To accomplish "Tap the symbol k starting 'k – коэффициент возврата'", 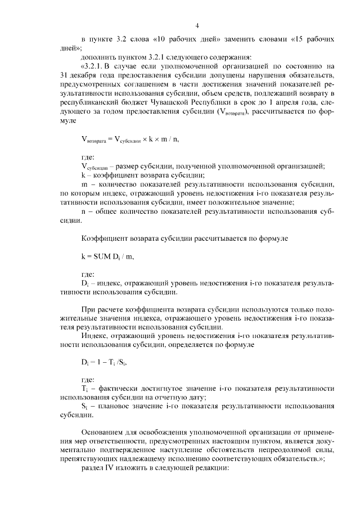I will [83, 175].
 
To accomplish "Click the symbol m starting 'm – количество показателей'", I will [84, 184].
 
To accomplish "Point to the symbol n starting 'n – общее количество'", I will [83, 212].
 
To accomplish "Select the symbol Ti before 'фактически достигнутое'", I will [84, 389].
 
